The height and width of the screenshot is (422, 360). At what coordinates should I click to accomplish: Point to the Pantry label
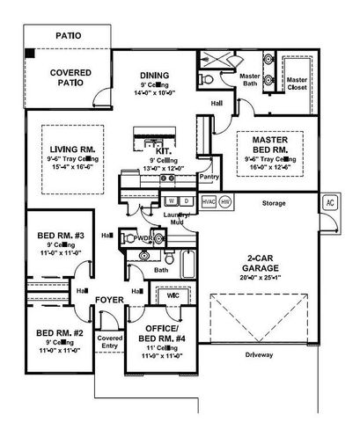click(x=209, y=177)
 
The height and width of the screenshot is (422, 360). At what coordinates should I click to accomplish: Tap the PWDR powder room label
click(x=144, y=237)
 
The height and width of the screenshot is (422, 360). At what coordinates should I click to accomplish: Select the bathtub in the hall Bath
click(x=190, y=263)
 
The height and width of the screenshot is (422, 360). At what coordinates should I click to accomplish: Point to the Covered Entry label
click(x=110, y=342)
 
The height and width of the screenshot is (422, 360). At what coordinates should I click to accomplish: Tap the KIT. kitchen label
click(x=164, y=151)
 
